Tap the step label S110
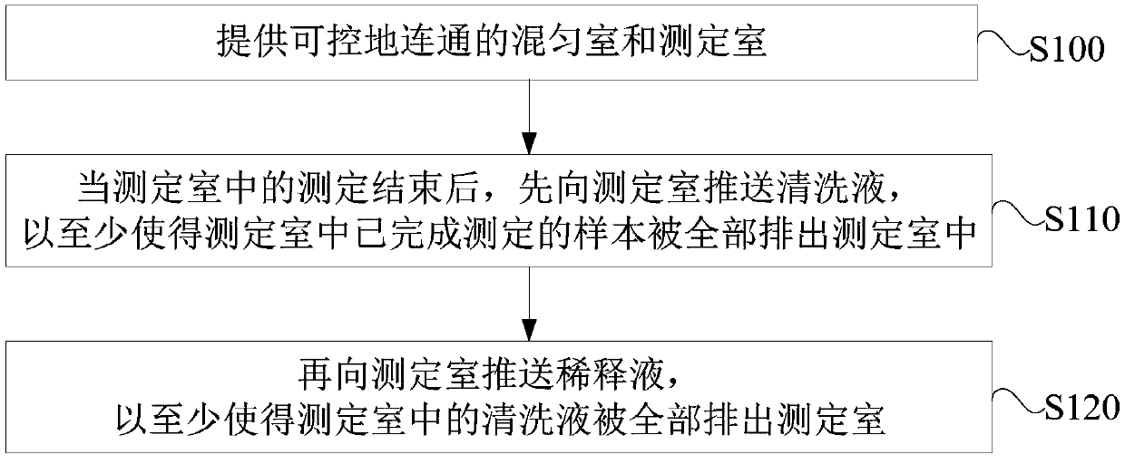point(1080,218)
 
